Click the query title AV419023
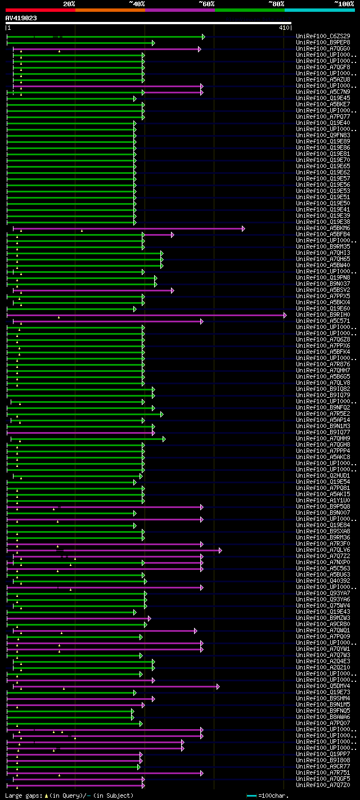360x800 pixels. click(21, 18)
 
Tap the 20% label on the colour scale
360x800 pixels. click(69, 3)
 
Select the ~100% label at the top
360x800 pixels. click(344, 3)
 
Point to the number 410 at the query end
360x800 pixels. click(284, 28)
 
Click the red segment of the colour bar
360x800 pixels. click(40, 10)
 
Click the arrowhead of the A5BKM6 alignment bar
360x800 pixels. click(243, 228)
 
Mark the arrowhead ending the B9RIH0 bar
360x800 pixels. click(285, 315)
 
